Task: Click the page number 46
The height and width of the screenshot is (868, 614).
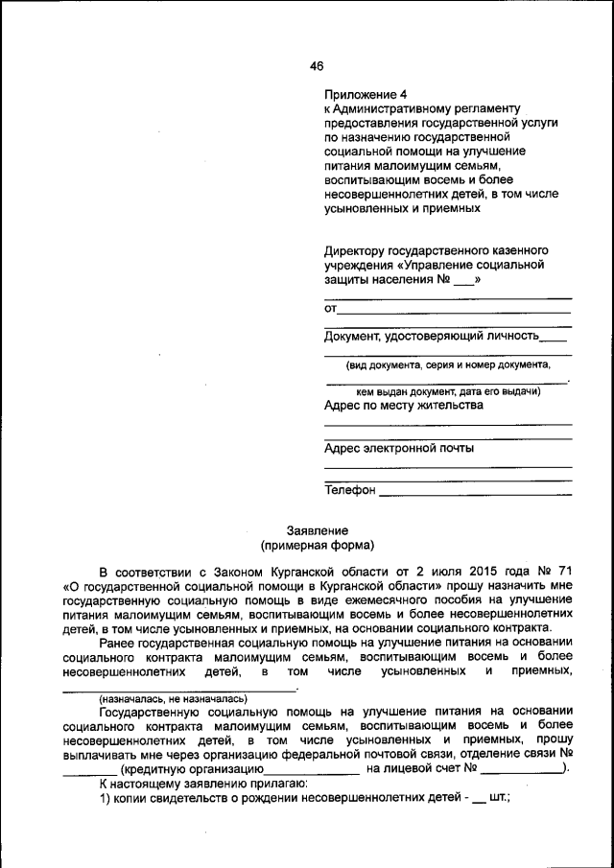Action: point(317,65)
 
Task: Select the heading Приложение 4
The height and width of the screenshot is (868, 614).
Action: point(366,94)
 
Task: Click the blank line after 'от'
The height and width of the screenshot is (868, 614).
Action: point(455,310)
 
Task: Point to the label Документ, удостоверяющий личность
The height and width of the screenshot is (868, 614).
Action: point(432,336)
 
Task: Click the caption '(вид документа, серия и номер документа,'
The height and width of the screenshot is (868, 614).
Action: point(448,364)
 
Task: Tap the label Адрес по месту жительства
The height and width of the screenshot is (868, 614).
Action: point(404,405)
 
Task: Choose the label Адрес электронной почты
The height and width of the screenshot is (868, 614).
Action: point(398,448)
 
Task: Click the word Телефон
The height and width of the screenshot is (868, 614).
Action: point(349,489)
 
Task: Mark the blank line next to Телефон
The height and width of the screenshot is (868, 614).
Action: point(476,492)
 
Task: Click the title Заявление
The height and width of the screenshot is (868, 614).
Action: point(317,530)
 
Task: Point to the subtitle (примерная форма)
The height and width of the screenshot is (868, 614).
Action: point(317,546)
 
